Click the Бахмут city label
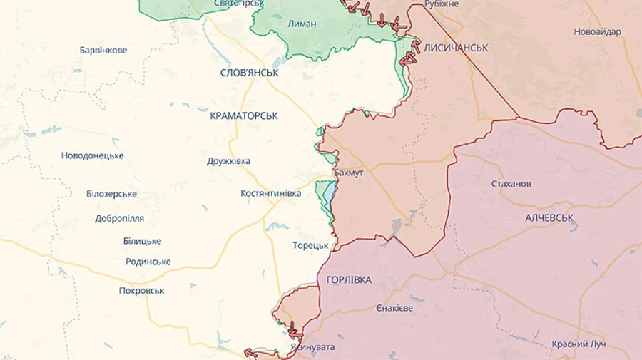pyautogui.click(x=349, y=173)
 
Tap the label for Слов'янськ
pyautogui.click(x=249, y=73)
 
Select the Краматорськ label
pyautogui.click(x=244, y=115)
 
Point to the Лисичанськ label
pyautogui.click(x=456, y=48)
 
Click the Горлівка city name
pyautogui.click(x=349, y=280)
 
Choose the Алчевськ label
pyautogui.click(x=549, y=217)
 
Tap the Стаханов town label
pyautogui.click(x=511, y=184)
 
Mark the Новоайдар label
pyautogui.click(x=597, y=31)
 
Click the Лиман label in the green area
pyautogui.click(x=301, y=24)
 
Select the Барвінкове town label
pyautogui.click(x=103, y=51)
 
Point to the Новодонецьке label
pyautogui.click(x=92, y=155)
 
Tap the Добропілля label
pyautogui.click(x=120, y=219)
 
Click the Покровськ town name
pyautogui.click(x=142, y=291)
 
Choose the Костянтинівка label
pyautogui.click(x=271, y=193)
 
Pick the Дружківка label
pyautogui.click(x=228, y=161)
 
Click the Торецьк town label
pyautogui.click(x=310, y=245)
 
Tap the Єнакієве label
pyautogui.click(x=394, y=308)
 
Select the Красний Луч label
pyautogui.click(x=579, y=344)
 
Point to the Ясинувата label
pyautogui.click(x=312, y=348)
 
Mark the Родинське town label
pyautogui.click(x=148, y=262)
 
